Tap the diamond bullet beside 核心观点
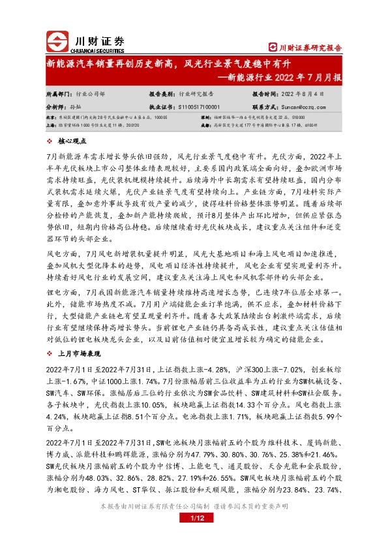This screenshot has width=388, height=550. tap(51, 141)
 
